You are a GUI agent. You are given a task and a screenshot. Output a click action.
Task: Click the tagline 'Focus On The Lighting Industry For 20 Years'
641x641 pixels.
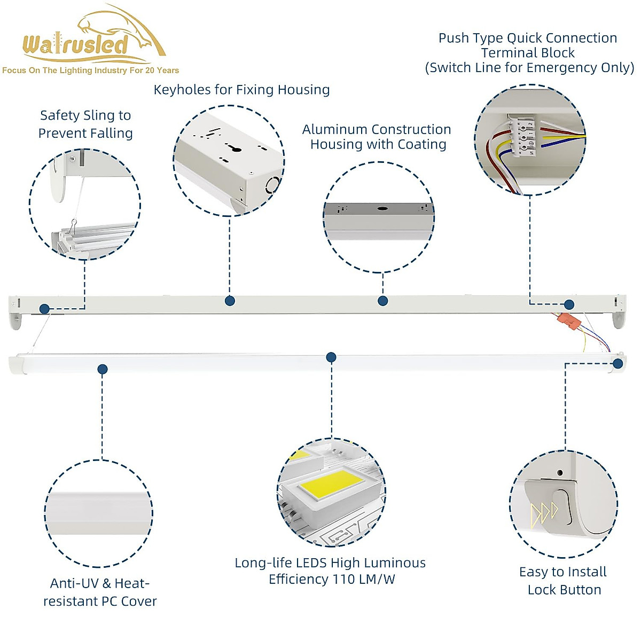90,71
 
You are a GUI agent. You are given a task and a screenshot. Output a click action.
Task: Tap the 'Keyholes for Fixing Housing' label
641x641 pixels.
241,90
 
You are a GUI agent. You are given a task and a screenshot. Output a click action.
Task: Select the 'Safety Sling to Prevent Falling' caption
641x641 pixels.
85,124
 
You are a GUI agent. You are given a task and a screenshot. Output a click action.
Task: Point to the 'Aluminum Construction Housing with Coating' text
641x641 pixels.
377,137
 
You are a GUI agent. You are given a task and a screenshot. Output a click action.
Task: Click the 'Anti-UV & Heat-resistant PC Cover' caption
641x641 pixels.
100,592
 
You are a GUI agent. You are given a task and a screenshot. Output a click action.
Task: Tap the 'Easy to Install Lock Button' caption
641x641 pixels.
564,581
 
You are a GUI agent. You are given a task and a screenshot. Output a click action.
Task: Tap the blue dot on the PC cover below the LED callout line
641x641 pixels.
331,357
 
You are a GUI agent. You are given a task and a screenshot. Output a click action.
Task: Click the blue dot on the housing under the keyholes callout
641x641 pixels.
230,301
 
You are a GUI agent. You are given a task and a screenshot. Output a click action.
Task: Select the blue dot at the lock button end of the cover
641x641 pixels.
618,364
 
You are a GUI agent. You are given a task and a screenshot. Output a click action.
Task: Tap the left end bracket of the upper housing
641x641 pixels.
15,319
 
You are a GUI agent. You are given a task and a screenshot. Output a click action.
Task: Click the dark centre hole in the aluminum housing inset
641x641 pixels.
382,208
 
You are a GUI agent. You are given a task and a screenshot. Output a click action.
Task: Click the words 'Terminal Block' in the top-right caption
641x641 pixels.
528,53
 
